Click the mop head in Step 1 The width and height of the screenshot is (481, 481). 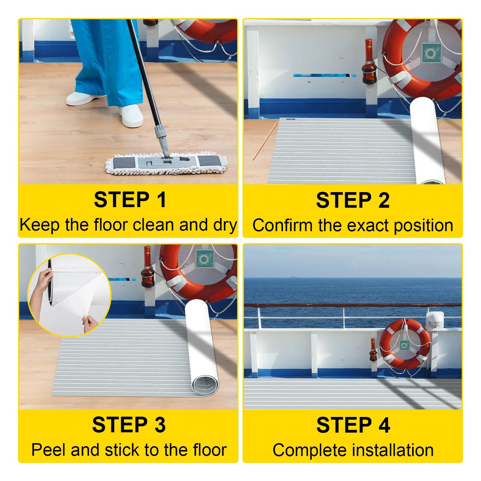[166, 164]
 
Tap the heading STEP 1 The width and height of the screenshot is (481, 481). [130, 200]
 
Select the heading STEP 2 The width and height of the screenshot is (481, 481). [353, 200]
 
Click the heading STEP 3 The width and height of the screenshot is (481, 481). [129, 425]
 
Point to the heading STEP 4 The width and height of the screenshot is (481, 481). [353, 425]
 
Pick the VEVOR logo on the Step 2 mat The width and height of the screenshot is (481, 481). [291, 119]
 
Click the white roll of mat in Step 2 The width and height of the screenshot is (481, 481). [427, 140]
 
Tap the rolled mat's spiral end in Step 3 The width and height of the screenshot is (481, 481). [205, 385]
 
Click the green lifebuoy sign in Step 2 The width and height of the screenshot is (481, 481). [431, 53]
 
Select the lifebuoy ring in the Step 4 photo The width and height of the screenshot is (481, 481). [405, 345]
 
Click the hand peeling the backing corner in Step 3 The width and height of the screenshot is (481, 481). [90, 323]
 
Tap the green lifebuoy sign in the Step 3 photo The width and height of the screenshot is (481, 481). [205, 259]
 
